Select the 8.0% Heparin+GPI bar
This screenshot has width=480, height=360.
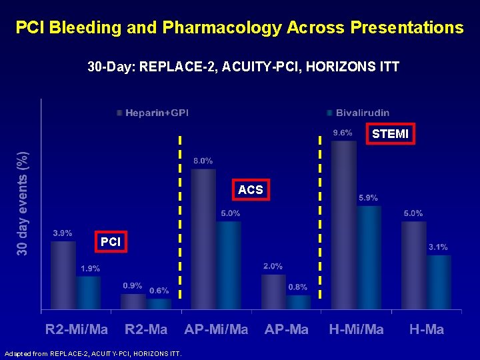pyautogui.click(x=203, y=240)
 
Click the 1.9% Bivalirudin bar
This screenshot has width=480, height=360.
pyautogui.click(x=88, y=293)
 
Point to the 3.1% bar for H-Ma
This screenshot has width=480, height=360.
pyautogui.click(x=439, y=283)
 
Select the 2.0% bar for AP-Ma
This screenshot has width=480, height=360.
pyautogui.click(x=273, y=293)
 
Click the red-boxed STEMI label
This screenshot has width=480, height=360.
pyautogui.click(x=390, y=134)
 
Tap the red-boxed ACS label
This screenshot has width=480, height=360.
pyautogui.click(x=250, y=190)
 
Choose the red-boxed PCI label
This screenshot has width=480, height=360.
pyautogui.click(x=110, y=242)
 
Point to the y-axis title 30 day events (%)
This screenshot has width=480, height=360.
pyautogui.click(x=23, y=203)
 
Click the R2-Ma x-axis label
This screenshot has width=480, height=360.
pyautogui.click(x=146, y=329)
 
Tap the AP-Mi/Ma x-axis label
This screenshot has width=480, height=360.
pyautogui.click(x=216, y=329)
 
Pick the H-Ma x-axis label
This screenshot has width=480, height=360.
pyautogui.click(x=426, y=329)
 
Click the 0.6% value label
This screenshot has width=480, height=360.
pyautogui.click(x=159, y=291)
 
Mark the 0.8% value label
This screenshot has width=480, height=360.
pyautogui.click(x=297, y=287)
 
